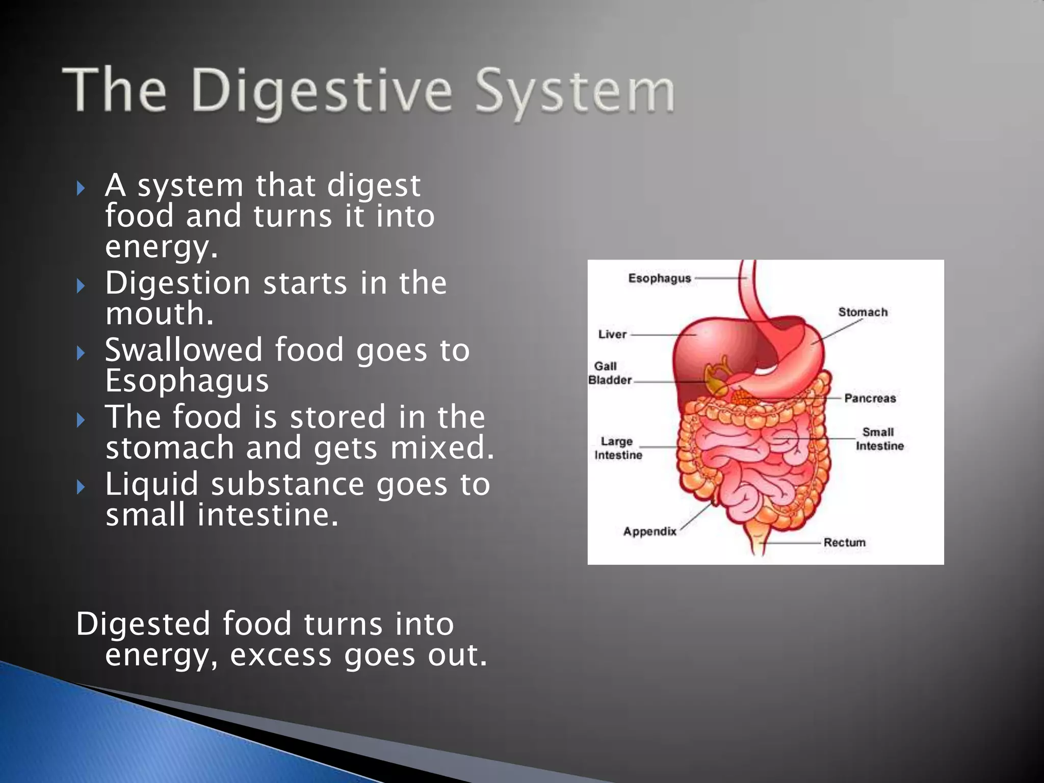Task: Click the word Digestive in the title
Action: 322,92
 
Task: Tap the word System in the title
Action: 575,92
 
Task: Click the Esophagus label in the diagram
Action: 659,278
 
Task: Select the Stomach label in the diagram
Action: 863,312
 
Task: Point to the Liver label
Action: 612,334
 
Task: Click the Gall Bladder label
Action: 609,373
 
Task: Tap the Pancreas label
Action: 870,398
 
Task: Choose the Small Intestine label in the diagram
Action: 879,439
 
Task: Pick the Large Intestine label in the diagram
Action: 618,448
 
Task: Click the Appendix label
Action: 649,531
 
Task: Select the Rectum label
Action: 844,542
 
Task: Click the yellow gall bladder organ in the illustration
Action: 716,378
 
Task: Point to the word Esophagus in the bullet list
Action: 187,381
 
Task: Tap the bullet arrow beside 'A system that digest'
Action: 81,189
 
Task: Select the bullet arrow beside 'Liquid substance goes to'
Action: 81,487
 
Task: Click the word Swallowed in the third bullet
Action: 182,350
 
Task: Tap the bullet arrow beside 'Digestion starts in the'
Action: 81,286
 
